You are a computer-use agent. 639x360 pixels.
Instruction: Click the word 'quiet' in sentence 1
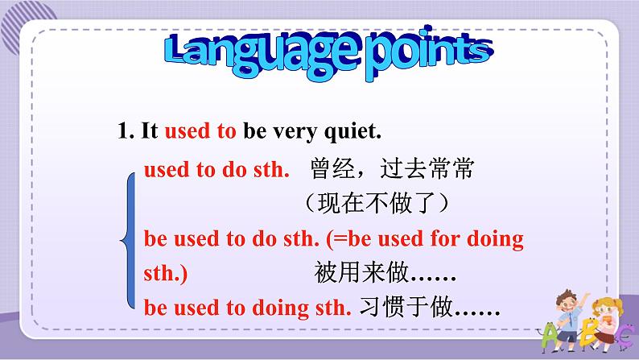(352, 132)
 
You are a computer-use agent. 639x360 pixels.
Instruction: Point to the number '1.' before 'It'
(126, 130)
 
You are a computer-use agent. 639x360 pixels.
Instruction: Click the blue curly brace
(130, 241)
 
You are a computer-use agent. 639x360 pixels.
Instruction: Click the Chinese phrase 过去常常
(427, 168)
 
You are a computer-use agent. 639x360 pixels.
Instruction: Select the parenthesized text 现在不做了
(377, 203)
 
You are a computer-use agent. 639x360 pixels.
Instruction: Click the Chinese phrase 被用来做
(361, 272)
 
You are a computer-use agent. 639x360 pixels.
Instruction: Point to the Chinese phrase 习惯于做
(406, 307)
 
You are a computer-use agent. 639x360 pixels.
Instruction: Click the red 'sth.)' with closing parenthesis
(166, 274)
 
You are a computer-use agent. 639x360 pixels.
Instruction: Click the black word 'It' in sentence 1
(149, 130)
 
